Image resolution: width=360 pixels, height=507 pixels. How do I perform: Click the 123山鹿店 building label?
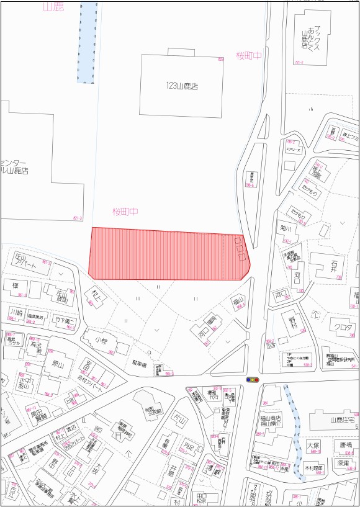click(x=181, y=87)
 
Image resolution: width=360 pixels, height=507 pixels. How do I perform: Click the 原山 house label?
click(x=57, y=364)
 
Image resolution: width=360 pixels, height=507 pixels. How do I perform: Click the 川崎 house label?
click(x=17, y=312)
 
